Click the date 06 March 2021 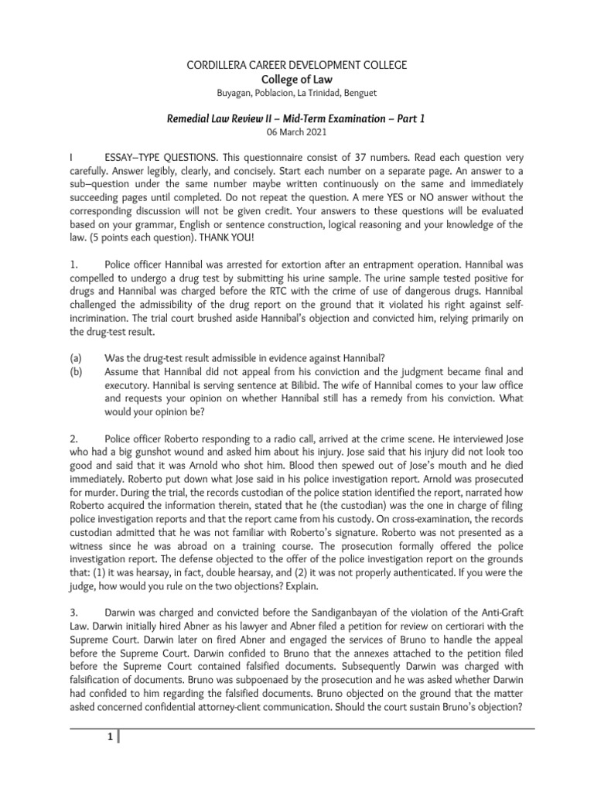click(x=297, y=132)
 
